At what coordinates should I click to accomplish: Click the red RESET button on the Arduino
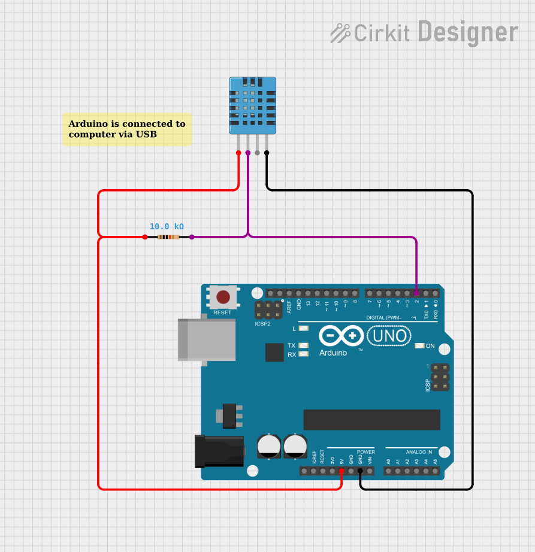(223, 297)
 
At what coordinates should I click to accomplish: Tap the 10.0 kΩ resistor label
(167, 227)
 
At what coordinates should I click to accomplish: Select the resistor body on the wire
(168, 237)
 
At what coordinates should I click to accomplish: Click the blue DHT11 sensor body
(252, 105)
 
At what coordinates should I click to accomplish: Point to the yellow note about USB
(127, 129)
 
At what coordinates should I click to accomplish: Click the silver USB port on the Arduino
(206, 339)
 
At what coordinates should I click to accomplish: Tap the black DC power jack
(219, 451)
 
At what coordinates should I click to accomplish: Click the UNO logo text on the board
(390, 336)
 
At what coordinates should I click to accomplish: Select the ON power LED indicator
(420, 346)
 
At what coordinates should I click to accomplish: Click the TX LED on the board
(304, 345)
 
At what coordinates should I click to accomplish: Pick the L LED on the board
(304, 329)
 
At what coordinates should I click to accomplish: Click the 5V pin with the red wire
(341, 471)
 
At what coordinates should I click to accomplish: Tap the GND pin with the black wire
(360, 471)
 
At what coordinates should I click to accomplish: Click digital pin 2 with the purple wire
(416, 293)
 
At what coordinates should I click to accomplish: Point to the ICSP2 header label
(262, 324)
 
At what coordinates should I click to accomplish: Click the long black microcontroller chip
(371, 420)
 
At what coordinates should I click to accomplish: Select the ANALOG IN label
(418, 452)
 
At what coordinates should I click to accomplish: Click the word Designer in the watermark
(468, 32)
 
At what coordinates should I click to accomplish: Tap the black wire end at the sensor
(267, 153)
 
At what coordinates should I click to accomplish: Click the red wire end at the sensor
(238, 153)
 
